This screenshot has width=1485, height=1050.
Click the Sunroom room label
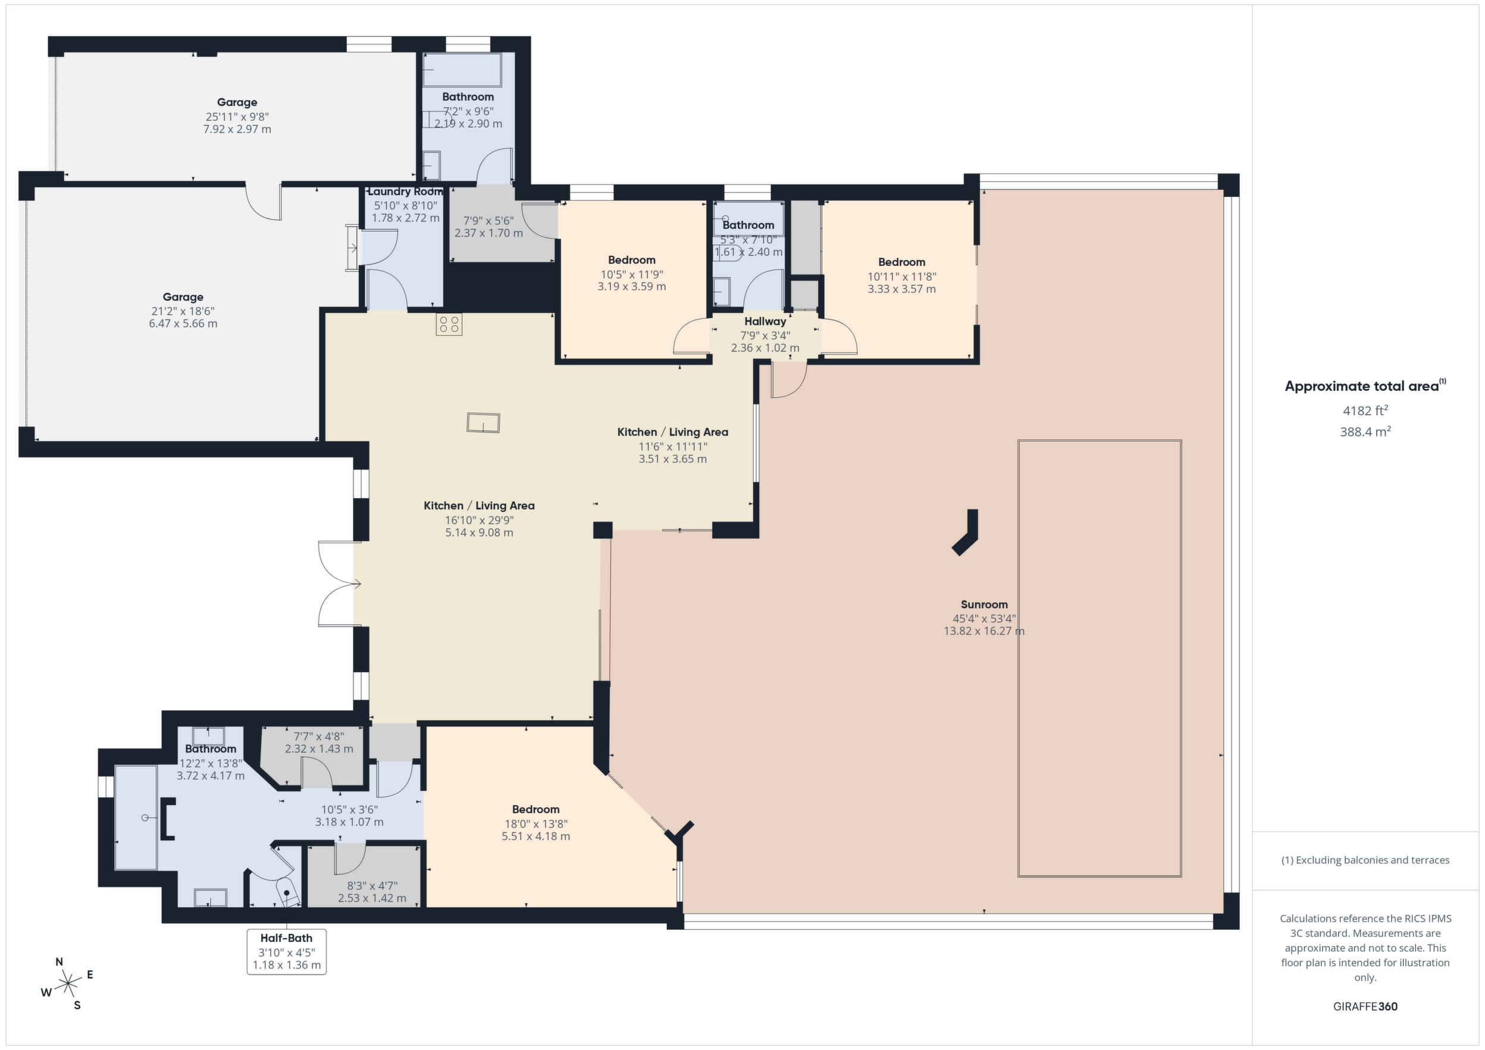[983, 604]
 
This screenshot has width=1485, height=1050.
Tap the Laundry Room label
[405, 192]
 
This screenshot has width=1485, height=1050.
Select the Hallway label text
[765, 321]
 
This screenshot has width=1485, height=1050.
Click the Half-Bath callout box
[287, 952]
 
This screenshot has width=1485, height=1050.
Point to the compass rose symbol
[67, 985]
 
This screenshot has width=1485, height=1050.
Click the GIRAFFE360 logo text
[1365, 1007]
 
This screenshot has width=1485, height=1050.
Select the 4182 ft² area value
[1365, 410]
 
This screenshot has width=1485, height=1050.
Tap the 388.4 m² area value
[1365, 431]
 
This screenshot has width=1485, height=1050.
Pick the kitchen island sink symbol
[483, 423]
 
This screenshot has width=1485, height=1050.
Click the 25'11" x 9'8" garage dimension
[237, 117]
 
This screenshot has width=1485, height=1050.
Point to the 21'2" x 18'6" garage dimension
[183, 311]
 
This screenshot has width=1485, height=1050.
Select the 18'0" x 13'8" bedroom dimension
[535, 824]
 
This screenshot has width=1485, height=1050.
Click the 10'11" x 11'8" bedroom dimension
[901, 276]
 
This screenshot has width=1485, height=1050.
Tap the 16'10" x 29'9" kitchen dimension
[480, 520]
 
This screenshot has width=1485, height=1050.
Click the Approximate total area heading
[1365, 386]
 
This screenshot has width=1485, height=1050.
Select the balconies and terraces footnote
[1365, 860]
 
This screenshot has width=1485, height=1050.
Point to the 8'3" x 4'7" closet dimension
[372, 886]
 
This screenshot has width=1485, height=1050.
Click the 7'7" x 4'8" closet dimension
[319, 736]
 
